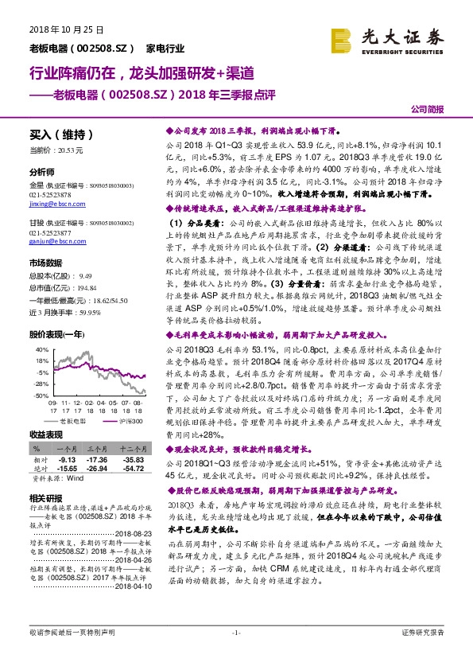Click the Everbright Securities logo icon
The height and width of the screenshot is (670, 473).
[343, 37]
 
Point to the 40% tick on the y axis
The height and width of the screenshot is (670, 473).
[37, 349]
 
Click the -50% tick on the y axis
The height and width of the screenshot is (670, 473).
[37, 395]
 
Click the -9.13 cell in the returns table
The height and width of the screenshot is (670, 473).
[67, 461]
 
